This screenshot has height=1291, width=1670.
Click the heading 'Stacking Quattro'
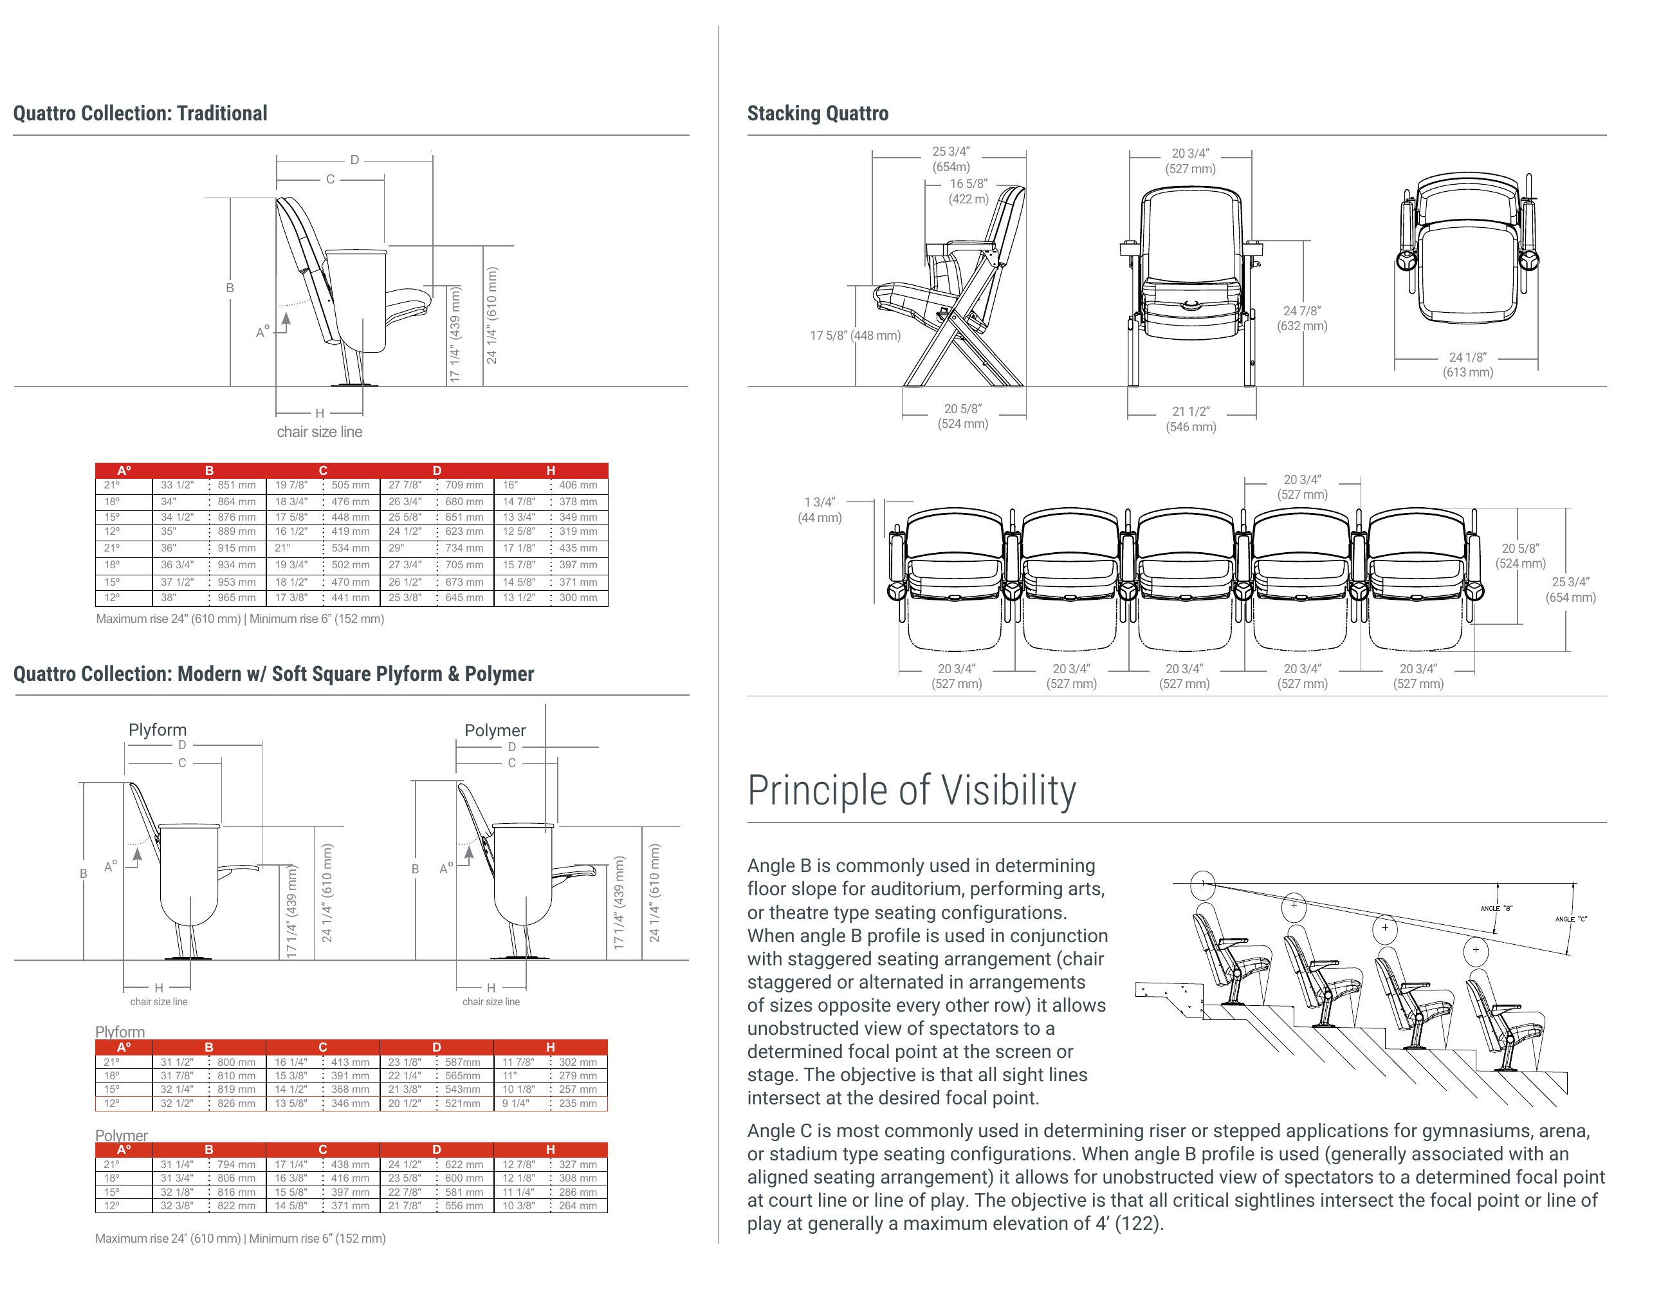(x=818, y=113)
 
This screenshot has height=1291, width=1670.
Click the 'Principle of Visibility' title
(x=912, y=790)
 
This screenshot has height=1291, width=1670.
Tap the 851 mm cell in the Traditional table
(x=236, y=485)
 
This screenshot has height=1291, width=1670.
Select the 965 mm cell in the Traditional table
(x=236, y=597)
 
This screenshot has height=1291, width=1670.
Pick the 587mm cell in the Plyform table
(x=463, y=1063)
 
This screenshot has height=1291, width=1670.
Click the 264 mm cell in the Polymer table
(x=577, y=1206)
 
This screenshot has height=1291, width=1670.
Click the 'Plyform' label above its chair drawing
(x=158, y=730)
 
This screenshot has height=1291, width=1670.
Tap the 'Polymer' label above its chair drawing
(x=495, y=730)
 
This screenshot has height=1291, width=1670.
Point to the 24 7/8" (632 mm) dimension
(x=1302, y=318)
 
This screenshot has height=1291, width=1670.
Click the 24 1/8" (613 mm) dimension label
(x=1467, y=365)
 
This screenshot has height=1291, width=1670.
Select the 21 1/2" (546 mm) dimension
(x=1191, y=419)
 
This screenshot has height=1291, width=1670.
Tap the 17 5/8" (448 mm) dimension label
(x=855, y=335)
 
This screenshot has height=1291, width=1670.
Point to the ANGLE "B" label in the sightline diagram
(x=1496, y=909)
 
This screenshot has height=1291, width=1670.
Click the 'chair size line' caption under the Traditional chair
(x=320, y=431)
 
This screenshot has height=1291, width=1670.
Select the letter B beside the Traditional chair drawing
(x=230, y=288)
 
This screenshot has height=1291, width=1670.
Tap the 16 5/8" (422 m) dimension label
(x=969, y=191)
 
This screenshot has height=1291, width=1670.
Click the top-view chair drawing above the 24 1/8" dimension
(x=1467, y=248)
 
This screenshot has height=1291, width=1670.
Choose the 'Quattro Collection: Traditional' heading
(x=140, y=113)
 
